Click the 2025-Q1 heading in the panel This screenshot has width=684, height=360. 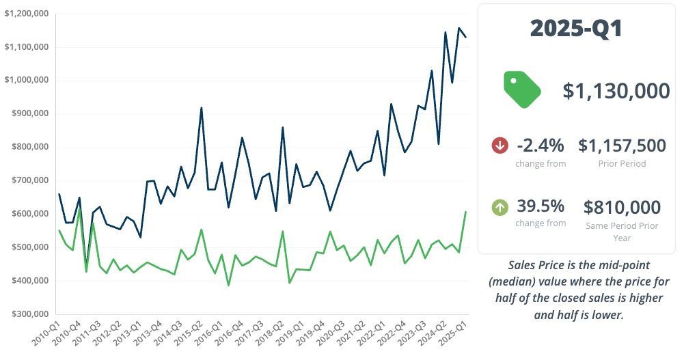coord(576,29)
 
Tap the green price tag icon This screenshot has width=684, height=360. coord(522,89)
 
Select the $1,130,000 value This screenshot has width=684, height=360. coord(616,91)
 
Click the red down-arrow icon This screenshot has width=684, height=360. coord(500,146)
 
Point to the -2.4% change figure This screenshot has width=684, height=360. coord(541,146)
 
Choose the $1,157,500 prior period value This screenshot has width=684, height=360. coord(622,146)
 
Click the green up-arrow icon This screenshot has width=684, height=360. coord(500,206)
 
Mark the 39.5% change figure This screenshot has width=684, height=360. coord(541,206)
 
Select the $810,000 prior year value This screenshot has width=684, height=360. coord(622,207)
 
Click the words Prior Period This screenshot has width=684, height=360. coord(622,164)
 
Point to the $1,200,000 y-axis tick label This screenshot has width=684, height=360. coord(26,14)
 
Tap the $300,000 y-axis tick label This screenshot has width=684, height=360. coord(29,314)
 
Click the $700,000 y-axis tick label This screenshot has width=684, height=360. coord(29,180)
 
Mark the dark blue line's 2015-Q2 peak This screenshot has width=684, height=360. coord(201,108)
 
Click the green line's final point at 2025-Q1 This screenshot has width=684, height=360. coord(466,212)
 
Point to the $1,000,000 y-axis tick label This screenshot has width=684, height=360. coord(26,80)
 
